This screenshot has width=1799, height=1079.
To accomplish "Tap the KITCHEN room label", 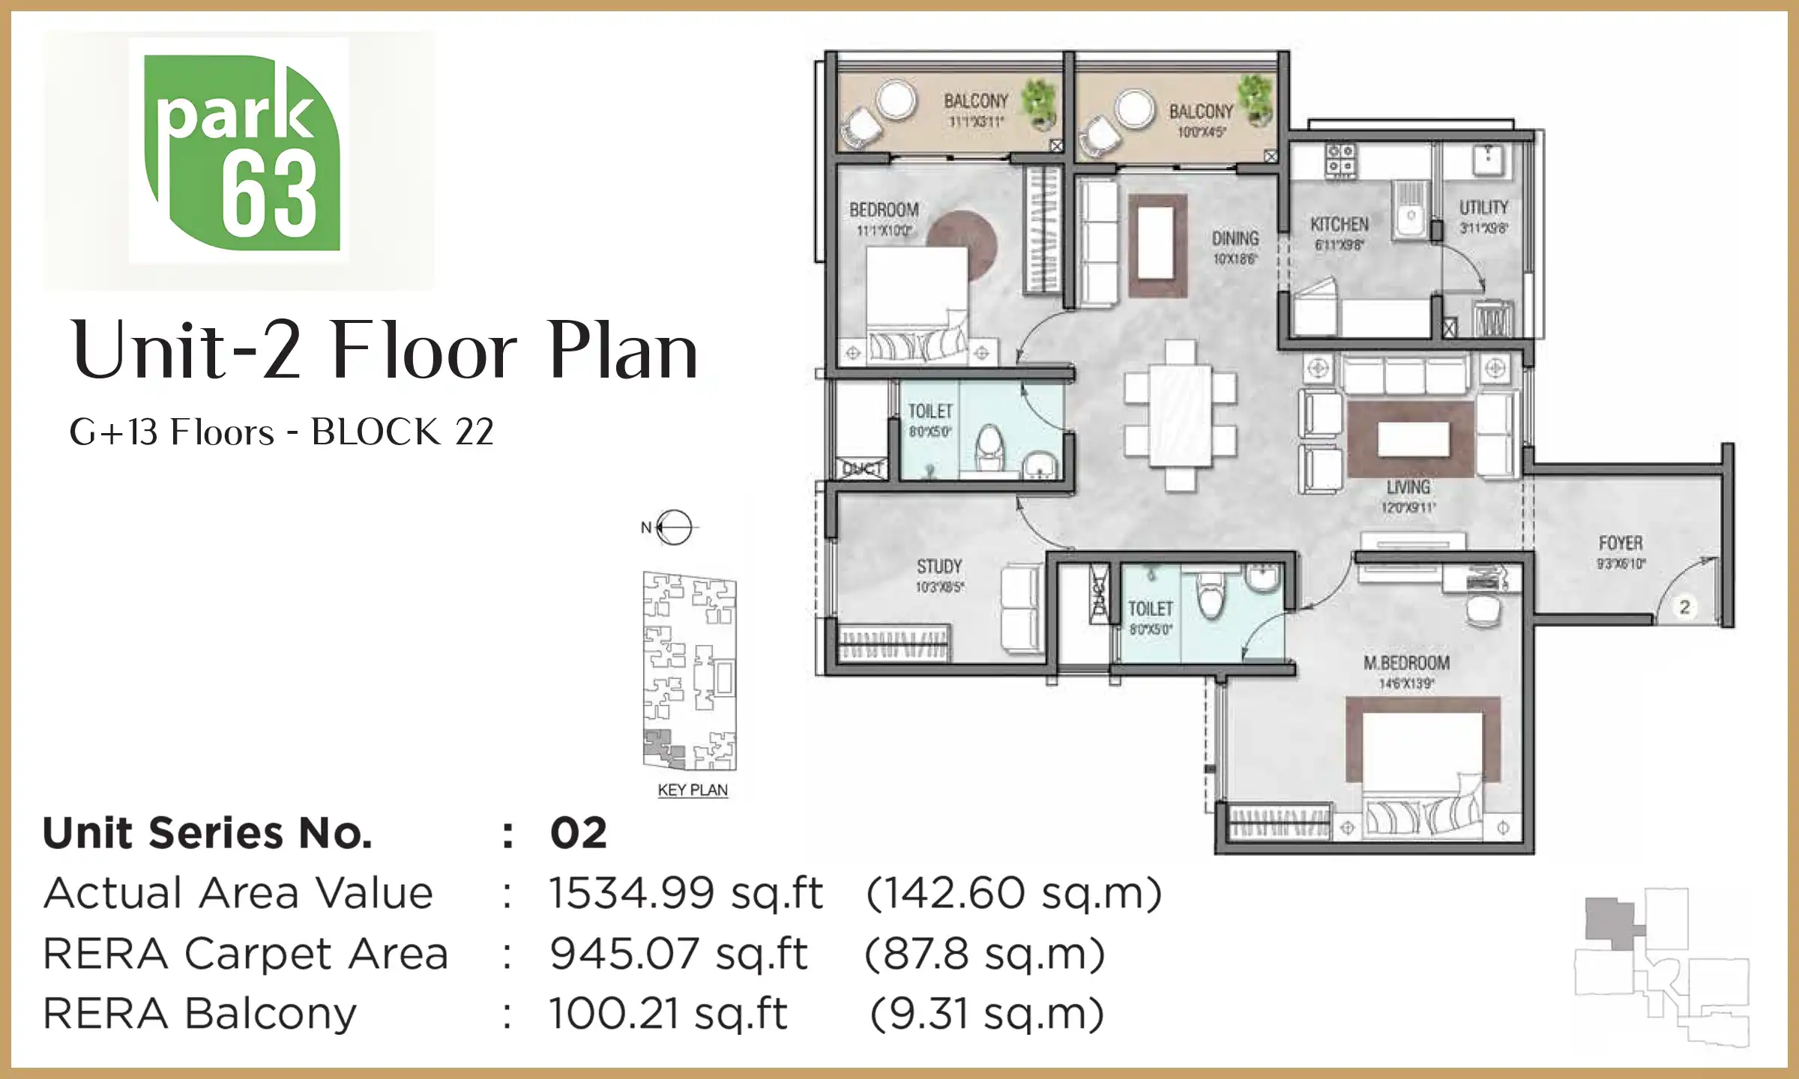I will [1340, 225].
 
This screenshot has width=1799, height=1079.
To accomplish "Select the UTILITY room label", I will [1483, 208].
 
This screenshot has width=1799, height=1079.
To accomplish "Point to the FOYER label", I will [1621, 543].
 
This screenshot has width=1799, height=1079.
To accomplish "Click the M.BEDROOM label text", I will [1406, 663].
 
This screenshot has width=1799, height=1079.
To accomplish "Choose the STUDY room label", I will [939, 567].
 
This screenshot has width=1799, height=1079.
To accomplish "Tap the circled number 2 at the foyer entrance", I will [1684, 607].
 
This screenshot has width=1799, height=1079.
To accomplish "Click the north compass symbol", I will [673, 528].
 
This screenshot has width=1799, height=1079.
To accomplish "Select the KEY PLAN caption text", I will [693, 791].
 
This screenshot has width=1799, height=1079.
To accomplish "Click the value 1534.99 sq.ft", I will [685, 893].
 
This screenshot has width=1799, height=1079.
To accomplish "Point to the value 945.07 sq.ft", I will [678, 954].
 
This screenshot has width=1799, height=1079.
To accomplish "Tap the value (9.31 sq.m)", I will [986, 1014].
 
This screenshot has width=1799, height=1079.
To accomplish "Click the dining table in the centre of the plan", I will [1180, 416].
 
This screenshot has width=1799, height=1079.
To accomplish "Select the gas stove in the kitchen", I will [1340, 160].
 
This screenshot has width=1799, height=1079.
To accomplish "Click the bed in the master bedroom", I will [1423, 772].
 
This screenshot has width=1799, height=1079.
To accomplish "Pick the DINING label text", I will [1235, 239].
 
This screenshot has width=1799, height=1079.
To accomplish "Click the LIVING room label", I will [1408, 488].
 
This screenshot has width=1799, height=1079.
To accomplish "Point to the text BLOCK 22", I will [402, 432].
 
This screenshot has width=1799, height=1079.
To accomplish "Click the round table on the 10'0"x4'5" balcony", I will [1134, 109].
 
